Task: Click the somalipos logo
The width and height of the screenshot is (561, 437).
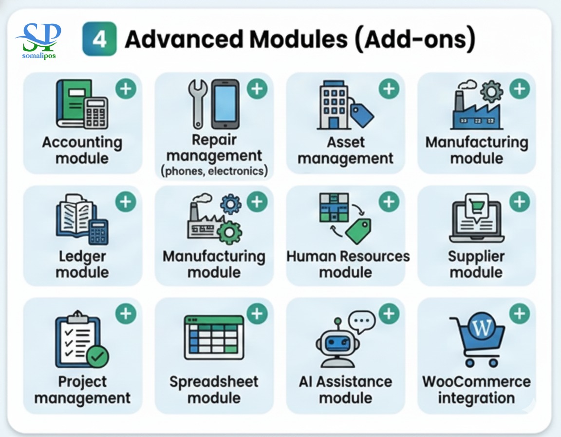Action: [x=38, y=40]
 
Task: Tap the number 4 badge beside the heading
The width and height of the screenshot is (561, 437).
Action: [x=100, y=40]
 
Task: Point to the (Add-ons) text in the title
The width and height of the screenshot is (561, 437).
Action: [x=414, y=40]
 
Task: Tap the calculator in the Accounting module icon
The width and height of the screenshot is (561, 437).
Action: [x=95, y=113]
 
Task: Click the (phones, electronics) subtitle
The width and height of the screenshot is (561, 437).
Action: [x=214, y=172]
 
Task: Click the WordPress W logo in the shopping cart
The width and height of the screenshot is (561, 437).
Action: [x=483, y=328]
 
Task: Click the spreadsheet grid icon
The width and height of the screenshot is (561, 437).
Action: [x=214, y=338]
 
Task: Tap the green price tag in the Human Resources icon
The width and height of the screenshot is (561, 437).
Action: [x=359, y=231]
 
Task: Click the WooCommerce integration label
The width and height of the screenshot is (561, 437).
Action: [x=476, y=389]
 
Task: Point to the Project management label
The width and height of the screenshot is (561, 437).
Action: [x=82, y=389]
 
